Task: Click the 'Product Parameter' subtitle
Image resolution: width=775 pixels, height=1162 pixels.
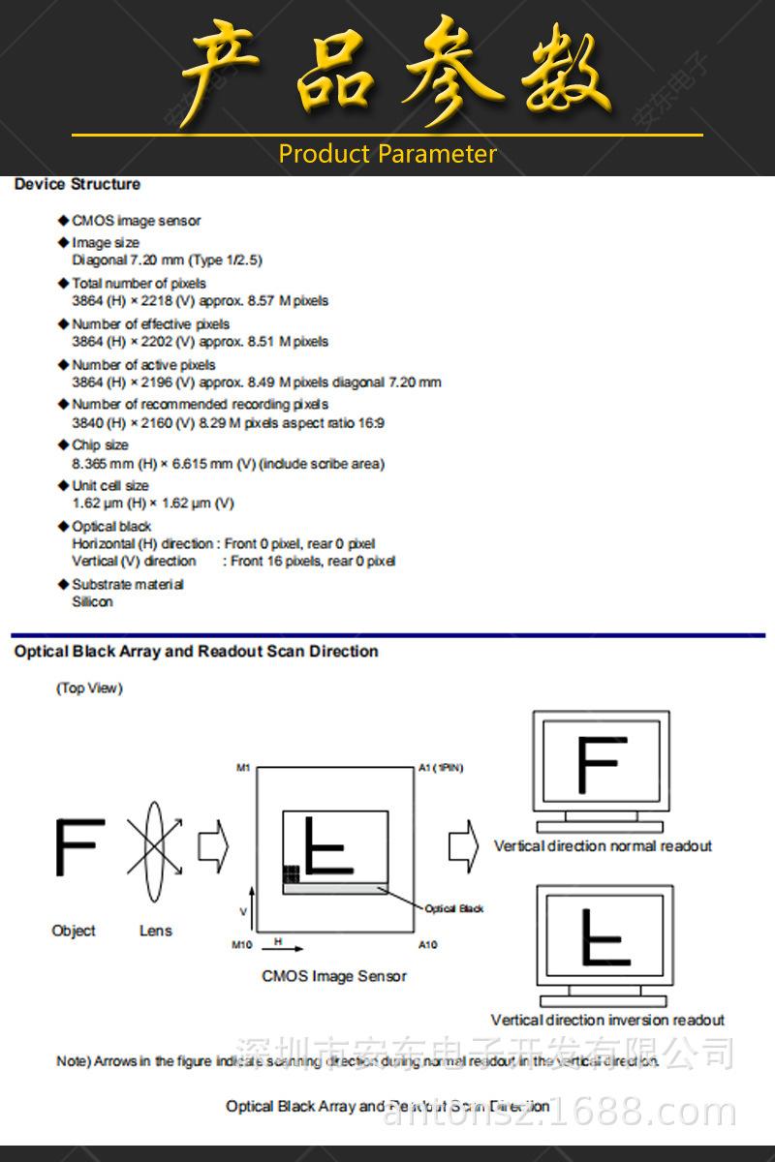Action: click(x=387, y=154)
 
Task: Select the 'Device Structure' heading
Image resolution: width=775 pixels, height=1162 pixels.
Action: click(x=77, y=184)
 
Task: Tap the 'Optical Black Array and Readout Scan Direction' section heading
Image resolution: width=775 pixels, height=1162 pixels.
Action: click(x=196, y=652)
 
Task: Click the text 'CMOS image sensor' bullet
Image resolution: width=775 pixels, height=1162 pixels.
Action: click(x=137, y=221)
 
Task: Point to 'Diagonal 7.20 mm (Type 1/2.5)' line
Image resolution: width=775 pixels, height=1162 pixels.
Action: click(x=167, y=260)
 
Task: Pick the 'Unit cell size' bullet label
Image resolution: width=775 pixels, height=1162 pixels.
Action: click(x=110, y=485)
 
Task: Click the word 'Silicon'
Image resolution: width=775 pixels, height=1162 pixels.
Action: click(x=92, y=601)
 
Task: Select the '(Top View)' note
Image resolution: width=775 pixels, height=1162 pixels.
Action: click(x=89, y=688)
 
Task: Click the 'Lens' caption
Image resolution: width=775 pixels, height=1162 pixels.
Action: click(x=155, y=931)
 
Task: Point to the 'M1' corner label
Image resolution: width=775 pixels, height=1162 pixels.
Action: click(x=243, y=768)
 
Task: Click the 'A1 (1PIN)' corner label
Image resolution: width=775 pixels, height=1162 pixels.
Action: click(x=441, y=768)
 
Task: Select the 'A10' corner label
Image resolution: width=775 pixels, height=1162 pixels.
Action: click(x=427, y=944)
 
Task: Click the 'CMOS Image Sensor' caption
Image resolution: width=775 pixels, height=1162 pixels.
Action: click(x=334, y=976)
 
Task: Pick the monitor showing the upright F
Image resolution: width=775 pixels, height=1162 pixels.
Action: click(x=601, y=771)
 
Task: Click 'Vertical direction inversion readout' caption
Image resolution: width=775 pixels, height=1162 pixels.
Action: click(x=607, y=1020)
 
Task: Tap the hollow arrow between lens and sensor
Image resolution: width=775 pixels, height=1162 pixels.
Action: click(x=212, y=845)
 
